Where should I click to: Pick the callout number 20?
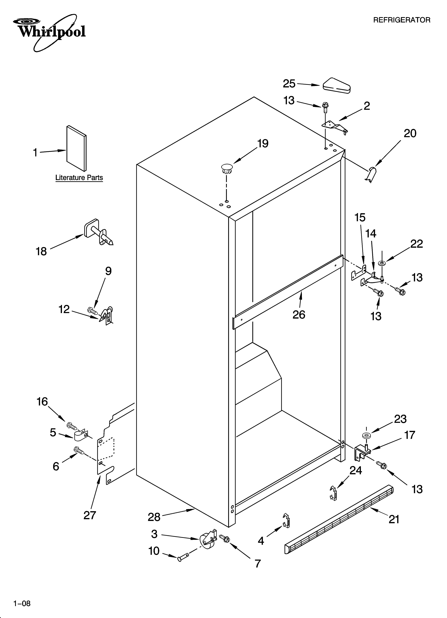tap(410, 134)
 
